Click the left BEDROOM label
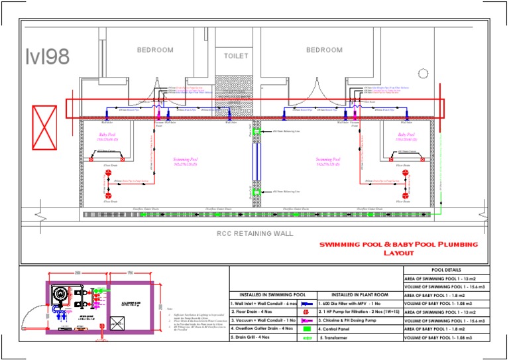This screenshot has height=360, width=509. click(x=154, y=50)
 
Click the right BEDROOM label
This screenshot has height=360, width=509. click(x=324, y=50)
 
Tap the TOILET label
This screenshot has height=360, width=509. click(x=235, y=56)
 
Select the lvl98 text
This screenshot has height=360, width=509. click(x=47, y=57)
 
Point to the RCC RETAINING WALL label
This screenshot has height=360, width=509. click(x=254, y=233)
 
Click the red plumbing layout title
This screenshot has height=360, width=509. click(x=398, y=249)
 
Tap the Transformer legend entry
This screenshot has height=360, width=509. click(x=337, y=337)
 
